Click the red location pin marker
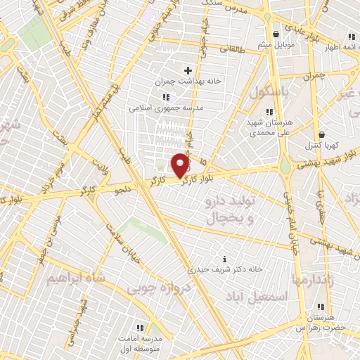pos(181,165)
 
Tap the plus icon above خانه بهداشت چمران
pos(188,70)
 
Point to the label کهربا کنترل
pos(322,145)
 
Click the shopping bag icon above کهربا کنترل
pos(322,134)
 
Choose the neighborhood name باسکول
pos(269,92)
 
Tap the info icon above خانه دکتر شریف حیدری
pos(224,259)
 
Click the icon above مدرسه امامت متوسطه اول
pos(139,328)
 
